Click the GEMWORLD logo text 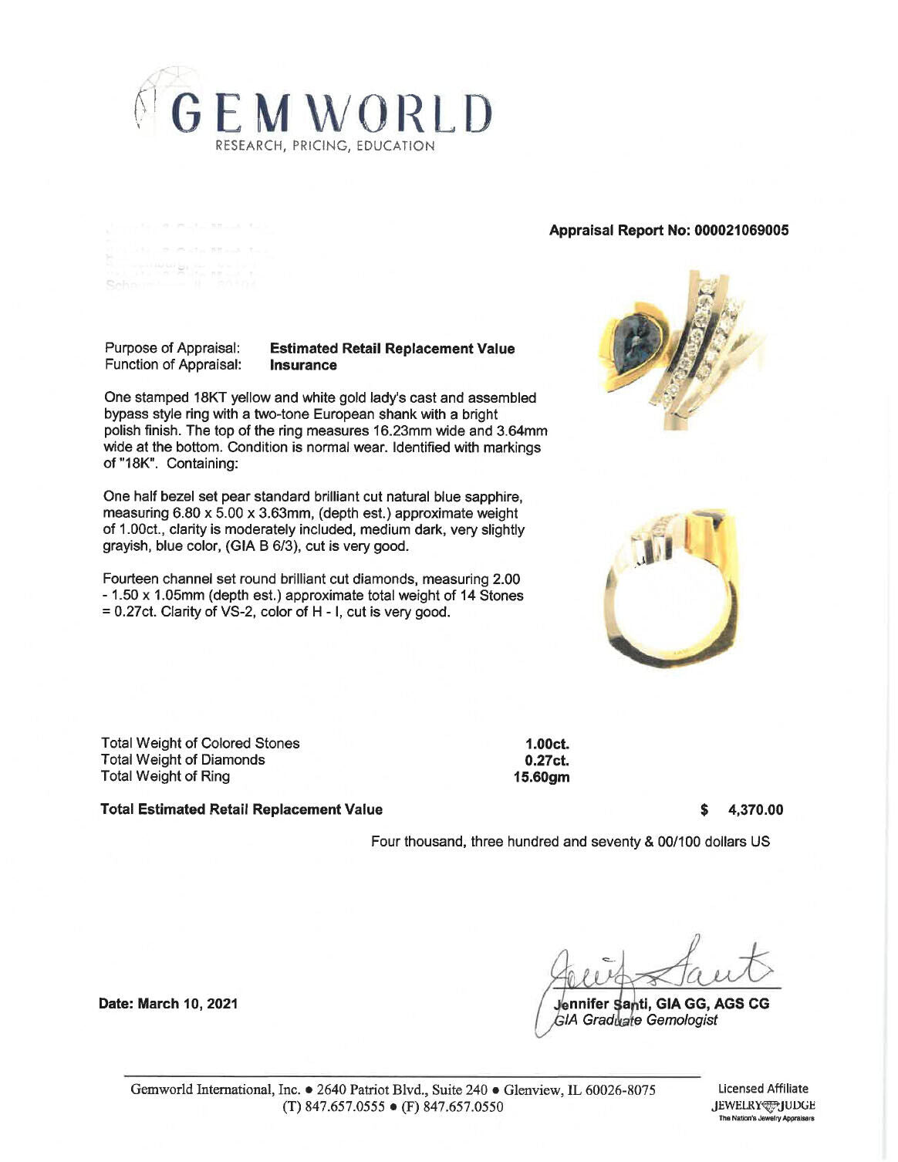[x=330, y=113]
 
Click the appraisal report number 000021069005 [x=668, y=230]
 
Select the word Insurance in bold [x=303, y=365]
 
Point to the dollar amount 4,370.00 [x=755, y=809]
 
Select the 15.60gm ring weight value [x=542, y=777]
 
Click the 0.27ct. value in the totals [x=546, y=760]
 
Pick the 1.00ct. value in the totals [x=546, y=744]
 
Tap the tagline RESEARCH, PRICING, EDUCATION [x=325, y=146]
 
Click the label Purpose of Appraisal [x=172, y=349]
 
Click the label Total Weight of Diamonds [x=183, y=760]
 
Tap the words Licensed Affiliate [x=762, y=1089]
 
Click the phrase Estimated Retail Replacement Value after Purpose [x=392, y=349]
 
